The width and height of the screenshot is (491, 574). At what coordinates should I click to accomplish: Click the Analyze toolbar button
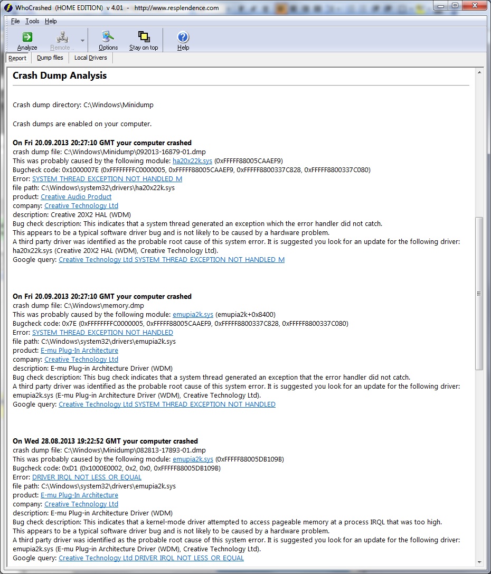[27, 40]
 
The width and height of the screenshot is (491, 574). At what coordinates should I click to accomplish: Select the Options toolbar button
[108, 40]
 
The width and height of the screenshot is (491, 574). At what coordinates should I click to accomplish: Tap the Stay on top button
[144, 40]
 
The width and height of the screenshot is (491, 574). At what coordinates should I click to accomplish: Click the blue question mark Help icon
[183, 37]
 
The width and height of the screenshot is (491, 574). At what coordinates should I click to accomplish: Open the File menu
[15, 21]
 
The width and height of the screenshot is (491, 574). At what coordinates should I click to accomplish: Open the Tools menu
[32, 21]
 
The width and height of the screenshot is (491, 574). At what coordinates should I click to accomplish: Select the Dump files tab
[50, 58]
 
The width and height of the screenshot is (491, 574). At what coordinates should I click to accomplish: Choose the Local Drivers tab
[90, 58]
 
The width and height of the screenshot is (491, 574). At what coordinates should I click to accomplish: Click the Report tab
[17, 58]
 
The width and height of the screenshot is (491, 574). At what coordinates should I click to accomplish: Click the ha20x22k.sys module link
[192, 161]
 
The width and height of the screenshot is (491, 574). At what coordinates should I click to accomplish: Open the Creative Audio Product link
[76, 196]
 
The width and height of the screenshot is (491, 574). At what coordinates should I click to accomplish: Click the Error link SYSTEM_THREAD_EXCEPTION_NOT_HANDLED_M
[107, 178]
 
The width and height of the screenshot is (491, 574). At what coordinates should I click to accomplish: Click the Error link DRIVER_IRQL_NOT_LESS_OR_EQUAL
[87, 477]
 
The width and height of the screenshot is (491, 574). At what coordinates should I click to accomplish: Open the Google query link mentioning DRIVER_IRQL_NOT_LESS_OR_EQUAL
[151, 558]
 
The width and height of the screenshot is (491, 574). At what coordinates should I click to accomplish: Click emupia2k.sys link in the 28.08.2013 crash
[193, 459]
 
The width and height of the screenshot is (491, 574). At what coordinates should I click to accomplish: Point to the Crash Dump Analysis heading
[60, 76]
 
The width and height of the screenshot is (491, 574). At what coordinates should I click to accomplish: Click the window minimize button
[441, 5]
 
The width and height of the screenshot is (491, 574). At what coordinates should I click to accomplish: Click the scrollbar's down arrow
[479, 562]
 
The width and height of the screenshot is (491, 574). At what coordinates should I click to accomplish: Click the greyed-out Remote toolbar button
[63, 40]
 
